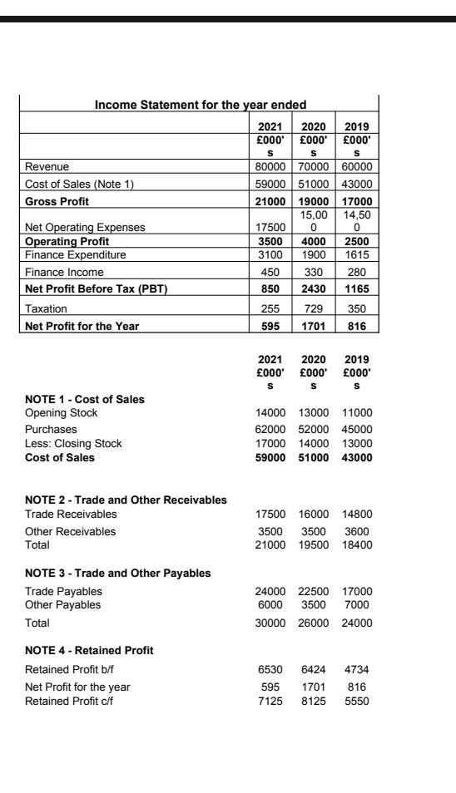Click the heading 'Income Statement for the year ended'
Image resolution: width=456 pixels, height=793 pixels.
200,104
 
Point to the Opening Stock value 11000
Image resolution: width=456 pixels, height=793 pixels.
360,413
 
